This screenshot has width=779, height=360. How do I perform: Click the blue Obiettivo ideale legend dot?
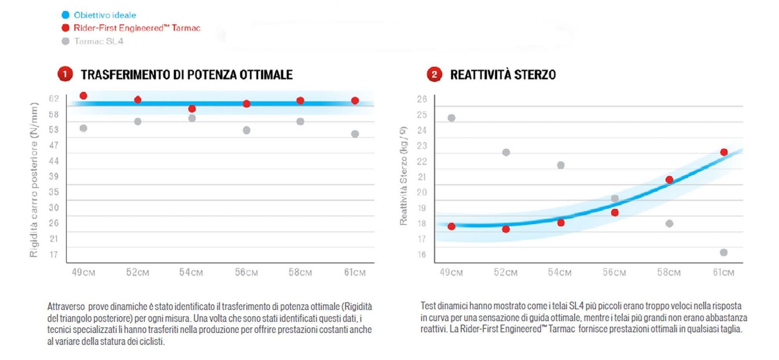tap(65, 15)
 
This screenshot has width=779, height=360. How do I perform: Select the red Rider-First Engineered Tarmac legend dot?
tap(65, 28)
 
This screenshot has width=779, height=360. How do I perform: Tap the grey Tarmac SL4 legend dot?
tap(65, 41)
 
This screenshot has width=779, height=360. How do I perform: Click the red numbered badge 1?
tap(65, 74)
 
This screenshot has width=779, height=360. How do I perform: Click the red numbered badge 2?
tap(434, 74)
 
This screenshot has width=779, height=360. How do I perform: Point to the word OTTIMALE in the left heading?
tap(266, 74)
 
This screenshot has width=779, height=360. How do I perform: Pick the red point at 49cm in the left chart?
tap(83, 96)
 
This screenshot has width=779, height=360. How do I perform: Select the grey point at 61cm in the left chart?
tap(355, 134)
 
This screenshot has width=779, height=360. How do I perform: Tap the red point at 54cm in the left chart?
tap(192, 109)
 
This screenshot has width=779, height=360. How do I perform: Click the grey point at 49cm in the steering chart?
tap(451, 118)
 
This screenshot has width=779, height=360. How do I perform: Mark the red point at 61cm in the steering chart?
tap(724, 152)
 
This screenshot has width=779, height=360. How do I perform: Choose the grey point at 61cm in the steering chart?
tap(724, 252)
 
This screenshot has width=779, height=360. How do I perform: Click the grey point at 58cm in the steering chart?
tap(669, 224)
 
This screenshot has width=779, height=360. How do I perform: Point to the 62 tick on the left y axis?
tap(54, 99)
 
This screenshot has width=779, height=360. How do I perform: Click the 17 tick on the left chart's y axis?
tap(54, 254)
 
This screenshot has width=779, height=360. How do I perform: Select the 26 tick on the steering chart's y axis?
tap(422, 99)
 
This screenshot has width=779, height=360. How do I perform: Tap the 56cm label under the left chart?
tap(246, 272)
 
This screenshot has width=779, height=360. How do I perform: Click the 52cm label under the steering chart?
tap(506, 272)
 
